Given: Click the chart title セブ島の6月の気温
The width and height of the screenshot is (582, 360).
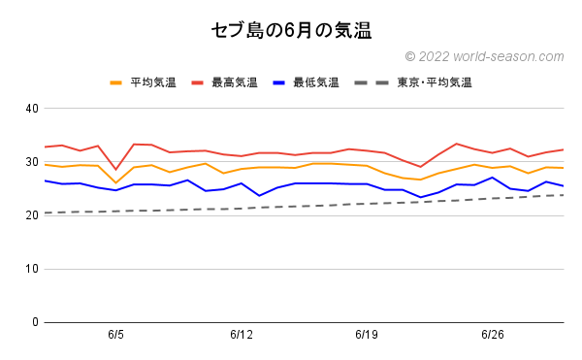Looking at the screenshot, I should pyautogui.click(x=291, y=30).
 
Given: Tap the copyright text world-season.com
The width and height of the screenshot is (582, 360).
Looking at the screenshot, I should pyautogui.click(x=484, y=57).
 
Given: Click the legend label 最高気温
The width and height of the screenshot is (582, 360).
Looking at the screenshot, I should pyautogui.click(x=237, y=82).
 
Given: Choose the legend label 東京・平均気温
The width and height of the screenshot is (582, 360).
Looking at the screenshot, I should pyautogui.click(x=434, y=82).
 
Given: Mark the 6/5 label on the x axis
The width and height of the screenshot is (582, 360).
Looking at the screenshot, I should pyautogui.click(x=115, y=335).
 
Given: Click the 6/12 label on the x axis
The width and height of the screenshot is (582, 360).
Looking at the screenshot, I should pyautogui.click(x=242, y=335).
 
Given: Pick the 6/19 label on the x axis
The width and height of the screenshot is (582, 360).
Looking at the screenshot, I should pyautogui.click(x=367, y=335).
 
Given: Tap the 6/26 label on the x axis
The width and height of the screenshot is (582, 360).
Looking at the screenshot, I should pyautogui.click(x=493, y=335).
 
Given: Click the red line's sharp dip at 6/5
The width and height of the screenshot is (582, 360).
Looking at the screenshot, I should pyautogui.click(x=115, y=169).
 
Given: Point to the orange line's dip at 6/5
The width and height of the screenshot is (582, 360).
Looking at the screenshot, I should pyautogui.click(x=115, y=182).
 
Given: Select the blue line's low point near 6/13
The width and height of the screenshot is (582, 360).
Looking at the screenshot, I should pyautogui.click(x=259, y=195).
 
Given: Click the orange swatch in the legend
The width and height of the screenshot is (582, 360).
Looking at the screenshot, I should pyautogui.click(x=117, y=82).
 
